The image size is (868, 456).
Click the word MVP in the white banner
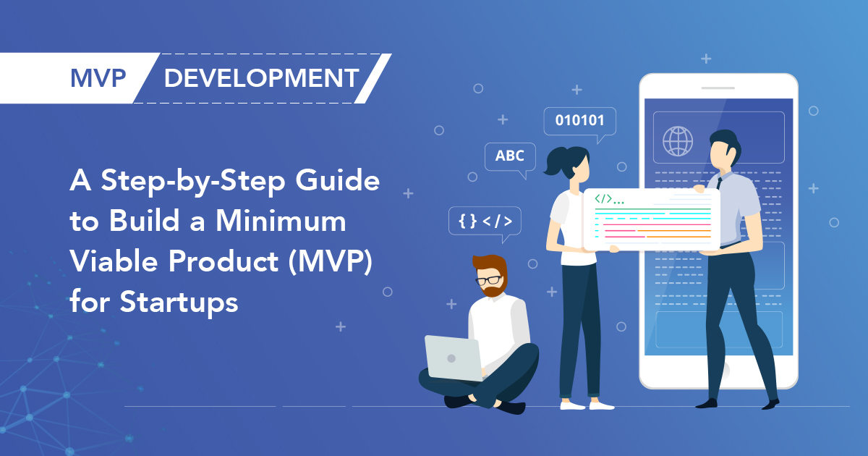tap(99, 77)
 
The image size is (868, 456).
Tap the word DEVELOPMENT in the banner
tap(261, 77)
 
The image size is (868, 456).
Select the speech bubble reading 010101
tap(579, 120)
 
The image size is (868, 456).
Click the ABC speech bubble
tap(510, 156)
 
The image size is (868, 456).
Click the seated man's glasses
tap(489, 280)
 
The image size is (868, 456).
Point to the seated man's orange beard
tap(494, 289)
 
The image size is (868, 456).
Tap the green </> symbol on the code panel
tap(604, 198)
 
